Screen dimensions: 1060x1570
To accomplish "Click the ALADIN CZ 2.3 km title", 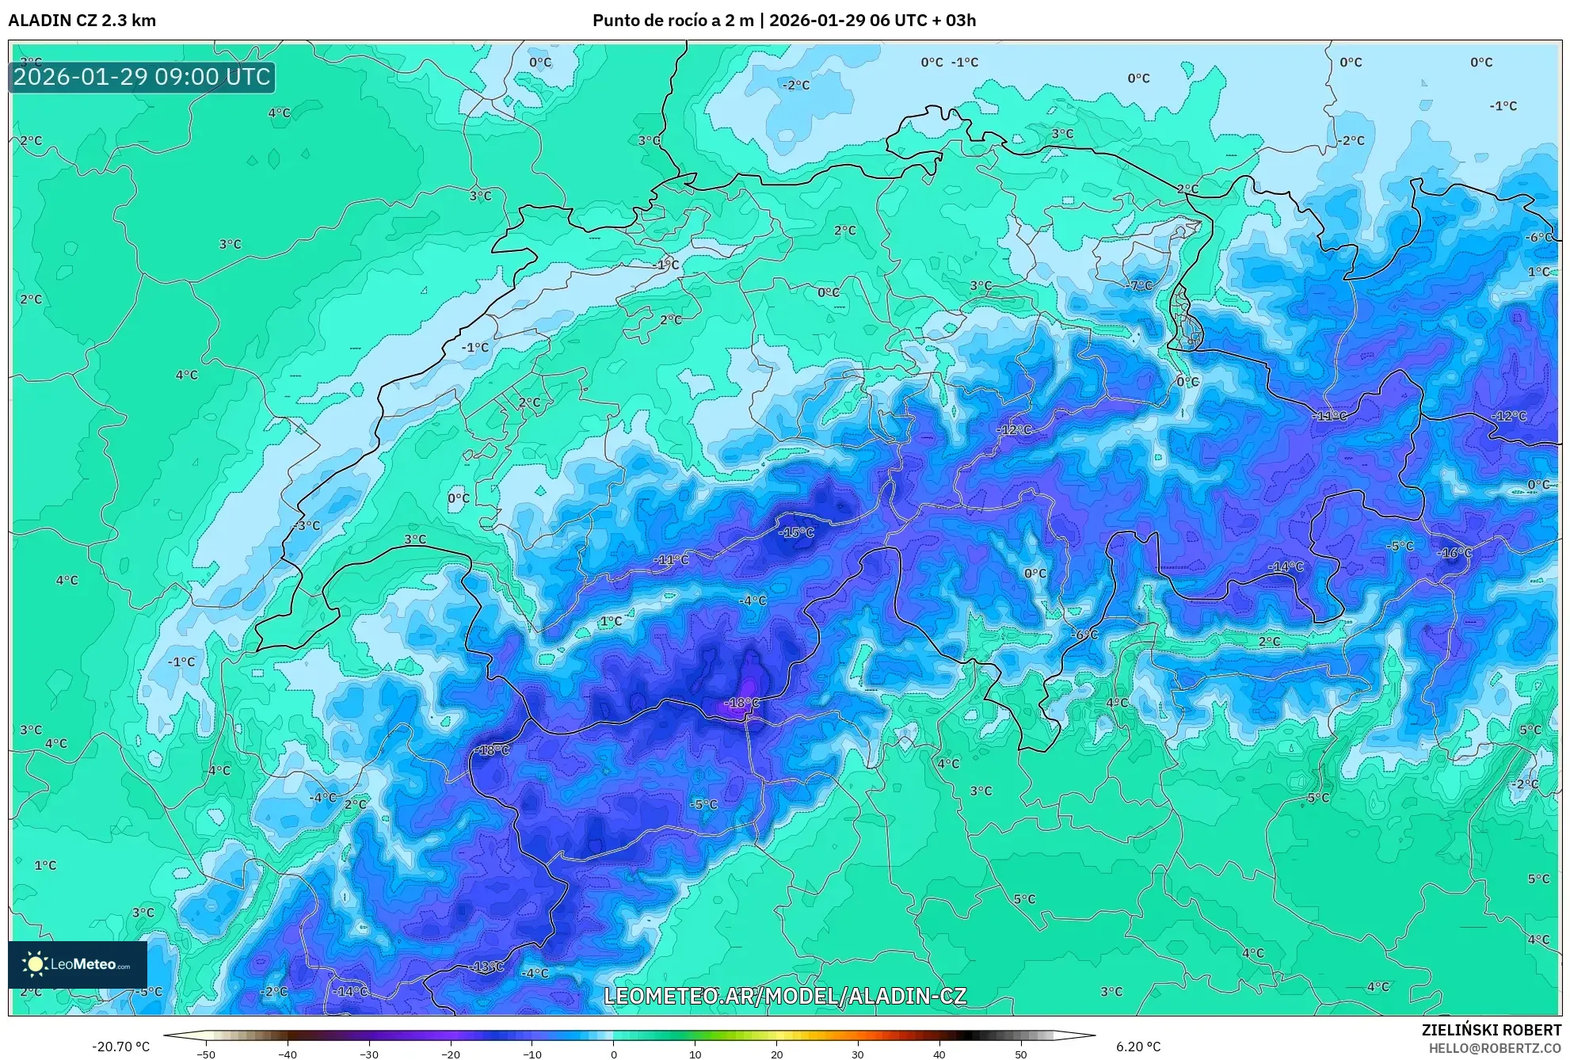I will [x=82, y=21].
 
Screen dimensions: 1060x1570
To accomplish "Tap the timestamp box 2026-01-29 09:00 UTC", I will [x=142, y=77].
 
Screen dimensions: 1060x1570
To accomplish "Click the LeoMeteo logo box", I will [x=78, y=964].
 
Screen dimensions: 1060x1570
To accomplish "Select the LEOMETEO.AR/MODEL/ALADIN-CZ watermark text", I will [x=785, y=996].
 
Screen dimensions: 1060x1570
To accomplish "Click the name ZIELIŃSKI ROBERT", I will [x=1491, y=1030].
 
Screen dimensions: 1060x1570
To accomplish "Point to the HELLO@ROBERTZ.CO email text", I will [x=1495, y=1048].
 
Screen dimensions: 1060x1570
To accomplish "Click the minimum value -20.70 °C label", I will [x=120, y=1047].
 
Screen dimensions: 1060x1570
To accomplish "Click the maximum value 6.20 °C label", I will [x=1138, y=1047].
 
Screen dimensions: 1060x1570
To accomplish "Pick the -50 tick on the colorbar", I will [x=206, y=1054].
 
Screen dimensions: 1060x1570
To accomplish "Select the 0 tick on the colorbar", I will [x=613, y=1054].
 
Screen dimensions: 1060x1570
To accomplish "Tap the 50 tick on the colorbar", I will [x=1020, y=1054].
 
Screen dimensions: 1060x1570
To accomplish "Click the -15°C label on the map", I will [x=796, y=532].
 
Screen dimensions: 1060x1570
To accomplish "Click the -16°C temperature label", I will [x=1454, y=553].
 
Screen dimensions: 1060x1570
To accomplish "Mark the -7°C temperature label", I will [x=1140, y=285].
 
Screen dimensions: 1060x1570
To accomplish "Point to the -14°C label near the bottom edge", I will [x=350, y=991].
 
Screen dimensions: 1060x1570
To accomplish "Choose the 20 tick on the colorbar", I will [x=776, y=1054].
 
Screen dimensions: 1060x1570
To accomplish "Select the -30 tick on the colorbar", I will [x=369, y=1054].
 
